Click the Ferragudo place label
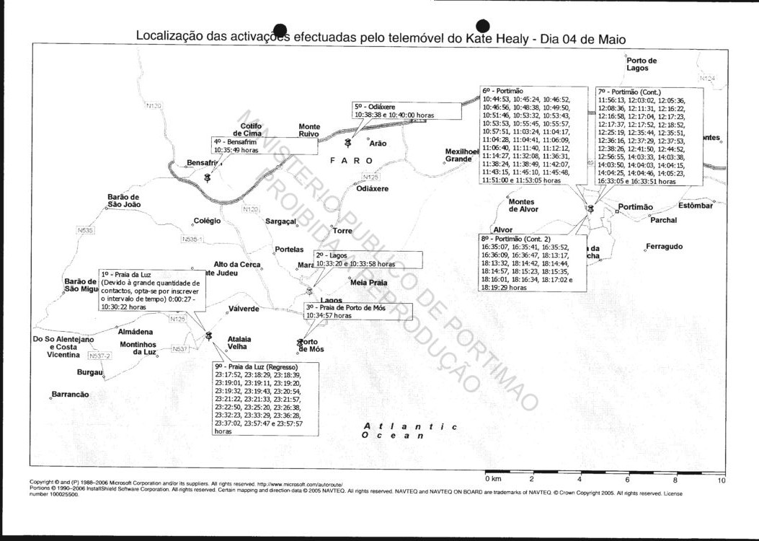(665, 247)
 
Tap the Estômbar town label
(695, 206)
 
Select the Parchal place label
(664, 220)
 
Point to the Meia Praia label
(368, 283)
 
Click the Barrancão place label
(71, 395)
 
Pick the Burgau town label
(90, 372)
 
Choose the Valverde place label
(244, 309)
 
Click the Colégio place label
(207, 221)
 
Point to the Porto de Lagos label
(642, 64)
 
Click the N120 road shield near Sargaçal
(250, 209)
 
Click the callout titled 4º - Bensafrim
(264, 146)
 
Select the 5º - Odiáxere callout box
(407, 110)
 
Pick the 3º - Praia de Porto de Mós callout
(358, 311)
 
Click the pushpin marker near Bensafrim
(208, 177)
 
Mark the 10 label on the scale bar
(722, 479)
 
